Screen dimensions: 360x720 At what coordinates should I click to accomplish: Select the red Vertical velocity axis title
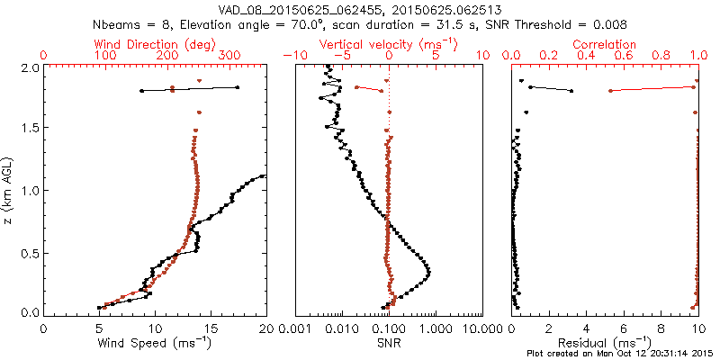point(388,44)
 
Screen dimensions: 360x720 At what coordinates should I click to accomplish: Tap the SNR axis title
point(389,343)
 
